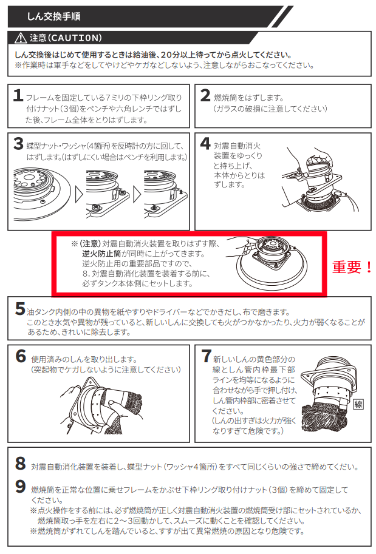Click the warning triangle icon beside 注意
coord(22,38)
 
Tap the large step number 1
coord(19,97)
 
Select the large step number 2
coord(205,96)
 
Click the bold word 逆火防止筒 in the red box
coord(100,253)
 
